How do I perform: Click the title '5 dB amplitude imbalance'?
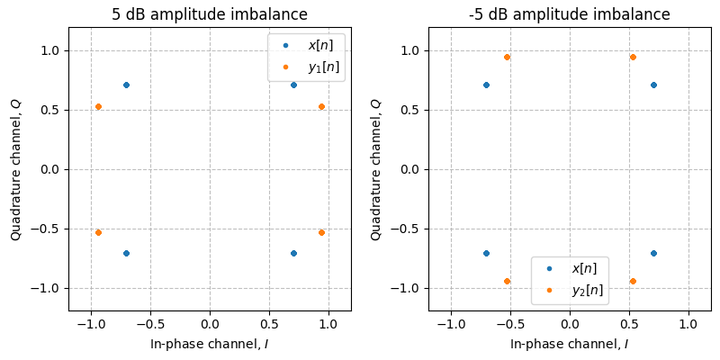pos(210,14)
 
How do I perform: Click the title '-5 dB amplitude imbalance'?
pos(570,14)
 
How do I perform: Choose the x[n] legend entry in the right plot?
pos(578,268)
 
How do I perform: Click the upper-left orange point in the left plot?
pos(98,106)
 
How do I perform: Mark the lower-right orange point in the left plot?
pos(321,232)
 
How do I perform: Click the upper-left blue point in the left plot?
pos(126,85)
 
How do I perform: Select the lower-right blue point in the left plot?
pos(293,253)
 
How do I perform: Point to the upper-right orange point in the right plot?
pos(633,57)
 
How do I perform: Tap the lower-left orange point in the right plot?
pos(507,281)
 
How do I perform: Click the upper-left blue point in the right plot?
pos(486,85)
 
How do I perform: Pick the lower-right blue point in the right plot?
pos(653,253)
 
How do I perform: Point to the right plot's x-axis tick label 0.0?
pos(570,324)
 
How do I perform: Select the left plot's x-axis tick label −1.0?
pos(90,324)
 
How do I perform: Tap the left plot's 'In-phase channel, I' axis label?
pos(210,344)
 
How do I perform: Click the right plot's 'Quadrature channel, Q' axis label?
pos(376,169)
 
